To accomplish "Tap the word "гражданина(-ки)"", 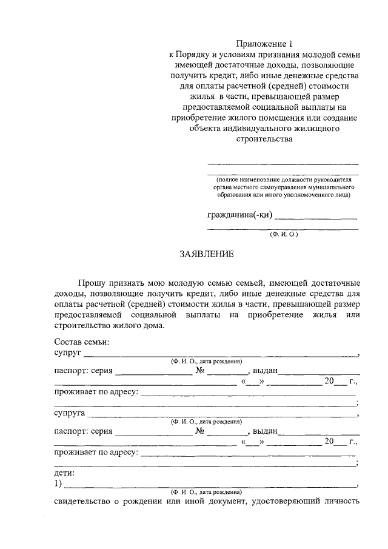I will [239, 215].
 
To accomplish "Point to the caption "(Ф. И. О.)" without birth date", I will [284, 234].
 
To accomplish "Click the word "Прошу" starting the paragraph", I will [90, 283].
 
